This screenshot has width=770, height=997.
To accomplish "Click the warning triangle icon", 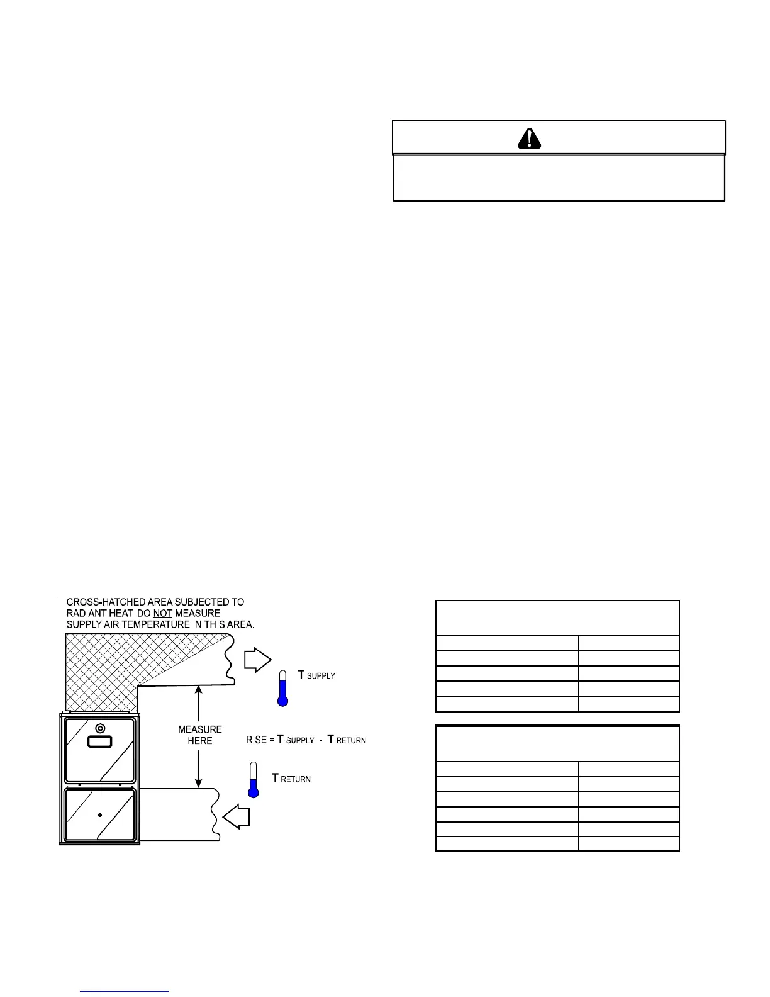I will point(530,138).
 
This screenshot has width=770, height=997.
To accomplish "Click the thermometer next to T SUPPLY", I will point(283,687).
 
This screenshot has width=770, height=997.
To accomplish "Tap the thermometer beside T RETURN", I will point(254,780).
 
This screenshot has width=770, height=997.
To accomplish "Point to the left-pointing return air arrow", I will point(237,818).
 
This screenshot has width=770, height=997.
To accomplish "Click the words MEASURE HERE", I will point(199,735).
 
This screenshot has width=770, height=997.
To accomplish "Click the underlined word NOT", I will point(162,613).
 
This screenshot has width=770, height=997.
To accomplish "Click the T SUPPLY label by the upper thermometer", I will point(316,675).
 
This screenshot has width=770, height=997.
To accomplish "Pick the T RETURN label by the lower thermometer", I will point(291,779).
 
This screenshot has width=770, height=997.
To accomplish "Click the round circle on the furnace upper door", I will point(99,729).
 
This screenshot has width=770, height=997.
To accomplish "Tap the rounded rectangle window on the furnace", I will point(99,742).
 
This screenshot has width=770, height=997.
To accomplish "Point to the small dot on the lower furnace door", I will point(100,815).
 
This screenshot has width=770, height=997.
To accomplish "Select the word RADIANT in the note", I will point(86,613).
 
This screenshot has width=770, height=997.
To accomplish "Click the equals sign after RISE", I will point(272,740).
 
